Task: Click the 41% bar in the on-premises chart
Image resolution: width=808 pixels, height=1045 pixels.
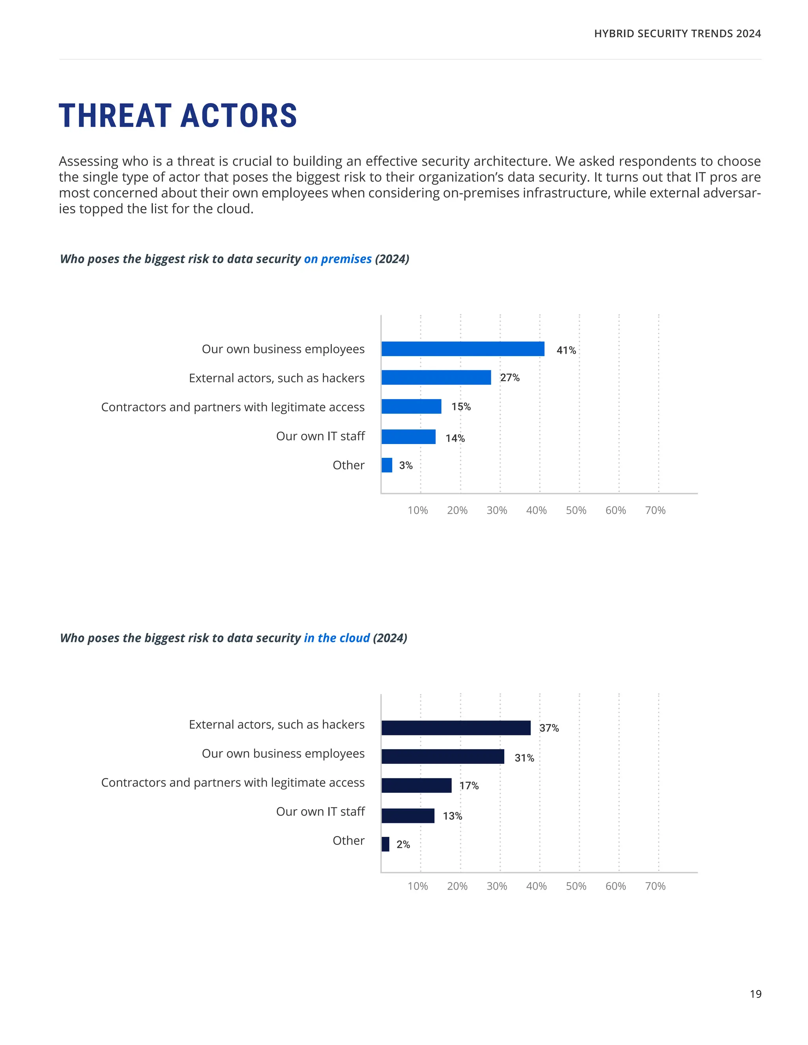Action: click(462, 349)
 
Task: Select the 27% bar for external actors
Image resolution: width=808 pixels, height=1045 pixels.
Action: click(436, 377)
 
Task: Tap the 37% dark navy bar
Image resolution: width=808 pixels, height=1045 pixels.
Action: click(456, 728)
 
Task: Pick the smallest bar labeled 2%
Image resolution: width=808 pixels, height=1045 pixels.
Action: click(385, 844)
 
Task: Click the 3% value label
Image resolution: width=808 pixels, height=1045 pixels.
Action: click(406, 466)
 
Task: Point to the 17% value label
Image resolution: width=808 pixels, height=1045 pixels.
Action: click(469, 786)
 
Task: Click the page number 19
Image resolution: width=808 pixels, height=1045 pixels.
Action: click(756, 994)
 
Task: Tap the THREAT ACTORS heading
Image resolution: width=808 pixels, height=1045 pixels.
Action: click(178, 116)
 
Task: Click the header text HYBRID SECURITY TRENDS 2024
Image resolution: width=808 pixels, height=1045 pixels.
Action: click(677, 34)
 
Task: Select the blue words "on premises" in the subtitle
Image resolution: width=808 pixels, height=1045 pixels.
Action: click(337, 259)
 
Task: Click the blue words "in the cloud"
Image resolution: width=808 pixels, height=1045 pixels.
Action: click(337, 638)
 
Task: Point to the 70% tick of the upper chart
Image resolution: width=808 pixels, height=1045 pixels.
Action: click(655, 511)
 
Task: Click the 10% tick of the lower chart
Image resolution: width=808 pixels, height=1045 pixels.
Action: click(417, 886)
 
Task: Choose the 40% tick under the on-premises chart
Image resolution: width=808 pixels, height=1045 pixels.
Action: click(536, 511)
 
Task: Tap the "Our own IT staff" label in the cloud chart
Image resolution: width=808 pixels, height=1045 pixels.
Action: click(320, 812)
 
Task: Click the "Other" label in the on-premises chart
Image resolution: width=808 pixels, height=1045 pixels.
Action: click(348, 465)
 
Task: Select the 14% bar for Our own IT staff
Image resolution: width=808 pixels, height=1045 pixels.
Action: click(408, 437)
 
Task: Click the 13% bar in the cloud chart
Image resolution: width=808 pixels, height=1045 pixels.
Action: click(408, 816)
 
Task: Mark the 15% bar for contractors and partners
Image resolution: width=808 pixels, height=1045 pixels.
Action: click(411, 407)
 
